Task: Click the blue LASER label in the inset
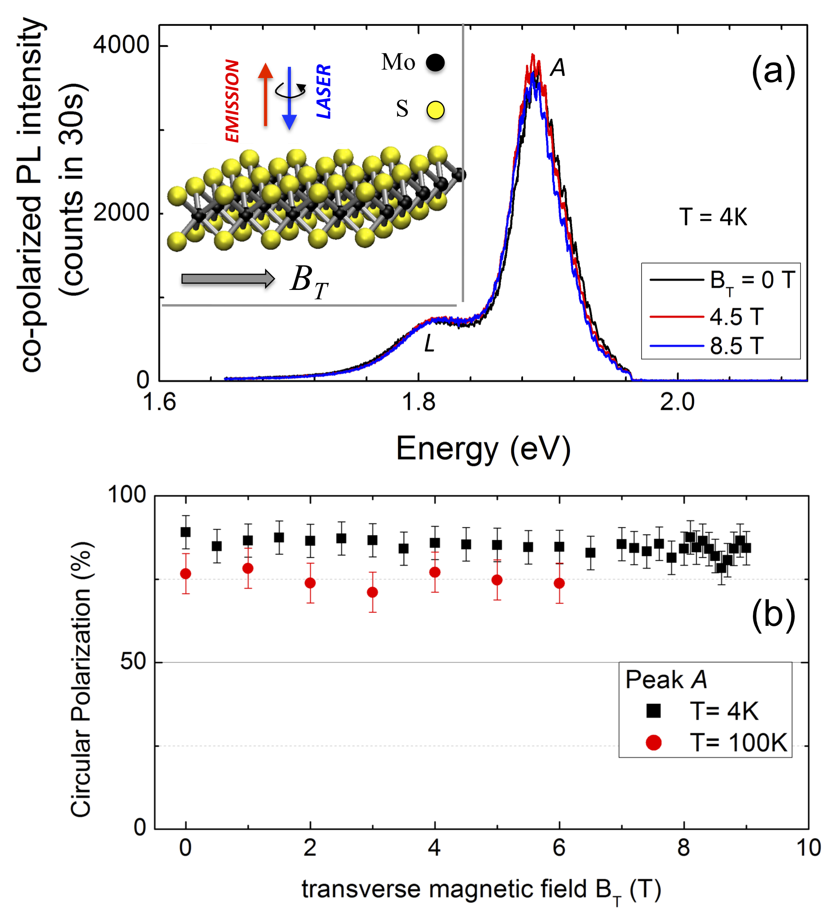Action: (324, 91)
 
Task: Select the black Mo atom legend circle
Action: (435, 62)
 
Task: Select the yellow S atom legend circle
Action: (435, 110)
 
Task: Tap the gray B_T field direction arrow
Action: (228, 278)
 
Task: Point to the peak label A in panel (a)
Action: (558, 68)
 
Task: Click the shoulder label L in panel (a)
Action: (429, 343)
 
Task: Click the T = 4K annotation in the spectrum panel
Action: (713, 217)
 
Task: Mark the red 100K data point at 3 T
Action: (373, 592)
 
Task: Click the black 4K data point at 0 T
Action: (185, 532)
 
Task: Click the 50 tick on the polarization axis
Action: (133, 662)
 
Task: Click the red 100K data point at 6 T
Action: (559, 583)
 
